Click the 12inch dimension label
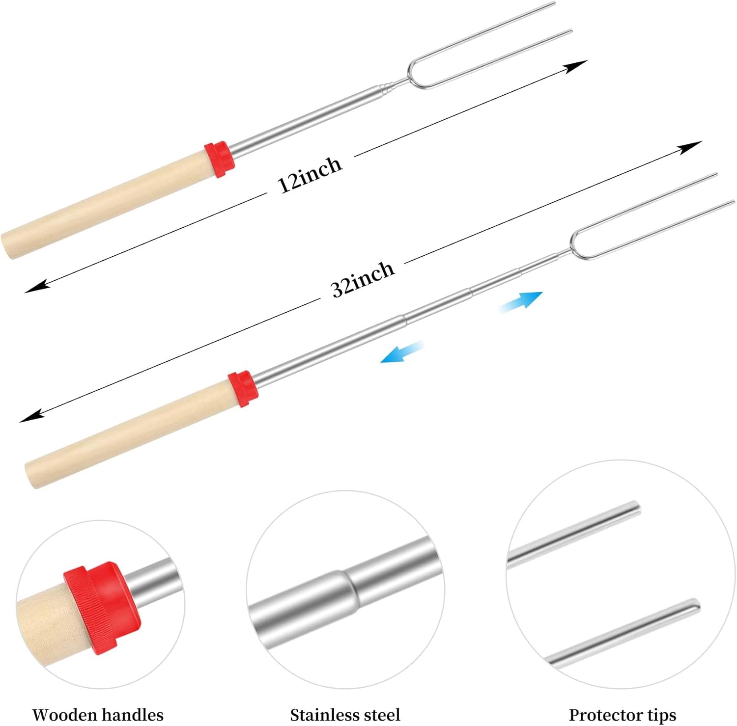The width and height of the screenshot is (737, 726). pyautogui.click(x=310, y=175)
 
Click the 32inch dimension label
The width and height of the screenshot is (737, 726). pyautogui.click(x=363, y=278)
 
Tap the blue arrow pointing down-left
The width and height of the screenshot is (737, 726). pyautogui.click(x=402, y=351)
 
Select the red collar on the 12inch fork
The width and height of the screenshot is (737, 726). pyautogui.click(x=219, y=159)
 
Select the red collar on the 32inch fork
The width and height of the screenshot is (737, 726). pyautogui.click(x=243, y=389)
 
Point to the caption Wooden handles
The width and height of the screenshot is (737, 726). pyautogui.click(x=98, y=714)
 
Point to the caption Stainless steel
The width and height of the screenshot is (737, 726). pyautogui.click(x=345, y=714)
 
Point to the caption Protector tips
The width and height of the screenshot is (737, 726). pyautogui.click(x=623, y=714)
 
